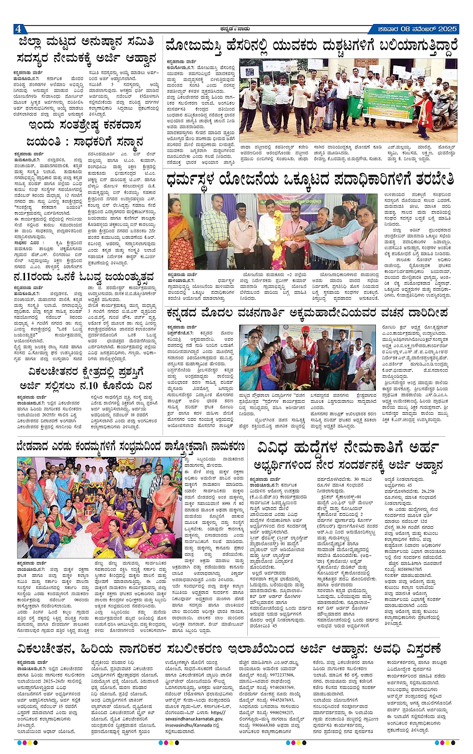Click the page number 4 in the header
tap(18, 29)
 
